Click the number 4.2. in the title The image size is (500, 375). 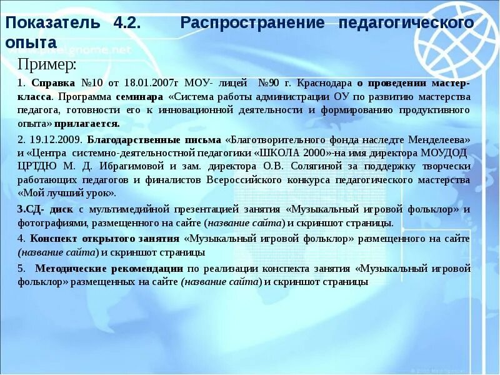coord(127,23)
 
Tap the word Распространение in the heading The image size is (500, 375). coord(252,23)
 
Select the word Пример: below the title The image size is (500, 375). coord(47,64)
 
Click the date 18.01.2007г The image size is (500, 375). coord(151,84)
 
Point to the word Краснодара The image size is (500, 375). coord(325,84)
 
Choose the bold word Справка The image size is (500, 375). coord(52,84)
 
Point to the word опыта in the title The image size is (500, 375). coord(31,42)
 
